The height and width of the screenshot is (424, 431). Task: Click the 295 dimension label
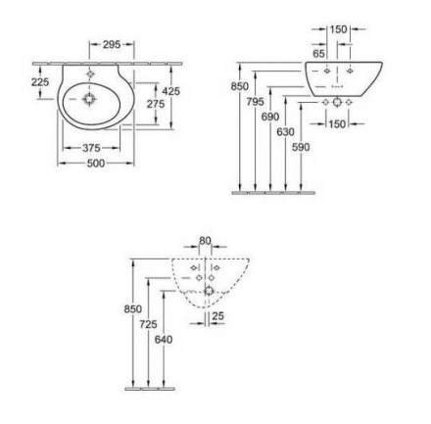click(112, 44)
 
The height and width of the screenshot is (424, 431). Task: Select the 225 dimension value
click(40, 82)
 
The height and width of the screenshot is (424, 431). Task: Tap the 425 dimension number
click(171, 91)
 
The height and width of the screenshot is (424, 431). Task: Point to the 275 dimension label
click(156, 104)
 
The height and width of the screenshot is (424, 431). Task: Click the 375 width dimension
click(91, 148)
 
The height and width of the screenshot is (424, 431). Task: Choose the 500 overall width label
click(96, 164)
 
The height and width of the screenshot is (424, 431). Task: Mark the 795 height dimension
click(255, 102)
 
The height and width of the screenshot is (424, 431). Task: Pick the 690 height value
click(270, 117)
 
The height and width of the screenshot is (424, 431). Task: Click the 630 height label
click(286, 132)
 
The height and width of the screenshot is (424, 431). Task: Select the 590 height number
click(301, 148)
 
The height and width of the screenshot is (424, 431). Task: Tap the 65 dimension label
click(319, 54)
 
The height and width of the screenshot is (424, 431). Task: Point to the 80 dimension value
click(205, 241)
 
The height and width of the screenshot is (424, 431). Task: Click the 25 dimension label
click(218, 316)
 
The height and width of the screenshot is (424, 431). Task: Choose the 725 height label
click(148, 324)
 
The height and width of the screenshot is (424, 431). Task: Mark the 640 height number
click(164, 340)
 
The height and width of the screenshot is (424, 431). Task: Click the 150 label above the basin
click(338, 29)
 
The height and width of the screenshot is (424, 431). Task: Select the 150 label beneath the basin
click(337, 124)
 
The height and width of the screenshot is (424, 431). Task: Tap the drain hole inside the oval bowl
click(89, 99)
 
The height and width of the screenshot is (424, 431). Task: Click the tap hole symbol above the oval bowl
click(90, 74)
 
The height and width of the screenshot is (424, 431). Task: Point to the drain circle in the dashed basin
click(209, 290)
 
